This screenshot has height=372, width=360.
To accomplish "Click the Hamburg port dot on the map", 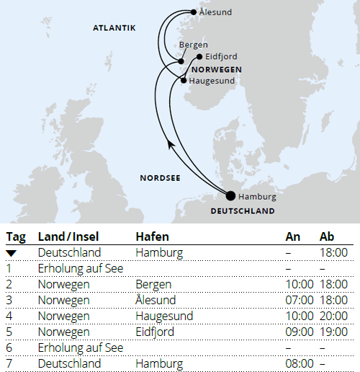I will pyautogui.click(x=230, y=195).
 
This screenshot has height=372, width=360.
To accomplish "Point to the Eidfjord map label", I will pyautogui.click(x=221, y=56).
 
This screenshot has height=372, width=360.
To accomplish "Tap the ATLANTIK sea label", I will pyautogui.click(x=114, y=28).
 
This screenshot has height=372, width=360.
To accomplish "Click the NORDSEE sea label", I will pyautogui.click(x=161, y=177).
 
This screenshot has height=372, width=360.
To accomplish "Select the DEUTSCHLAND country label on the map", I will pyautogui.click(x=243, y=211).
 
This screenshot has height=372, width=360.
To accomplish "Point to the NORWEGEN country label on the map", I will pyautogui.click(x=216, y=69).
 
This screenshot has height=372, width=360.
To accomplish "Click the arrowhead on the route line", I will pyautogui.click(x=171, y=145).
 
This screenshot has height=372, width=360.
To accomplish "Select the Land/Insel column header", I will pyautogui.click(x=68, y=236).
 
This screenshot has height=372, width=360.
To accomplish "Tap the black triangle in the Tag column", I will pyautogui.click(x=11, y=253).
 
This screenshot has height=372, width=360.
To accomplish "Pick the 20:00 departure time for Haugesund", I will pyautogui.click(x=334, y=316).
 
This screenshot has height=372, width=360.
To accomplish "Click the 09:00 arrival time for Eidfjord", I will pyautogui.click(x=300, y=332).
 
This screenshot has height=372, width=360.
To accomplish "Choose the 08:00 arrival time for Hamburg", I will pyautogui.click(x=300, y=363).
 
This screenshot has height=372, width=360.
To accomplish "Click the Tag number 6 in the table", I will pyautogui.click(x=9, y=347).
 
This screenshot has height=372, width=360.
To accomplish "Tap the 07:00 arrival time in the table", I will pyautogui.click(x=300, y=300).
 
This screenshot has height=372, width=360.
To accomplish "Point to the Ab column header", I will pyautogui.click(x=328, y=236).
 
